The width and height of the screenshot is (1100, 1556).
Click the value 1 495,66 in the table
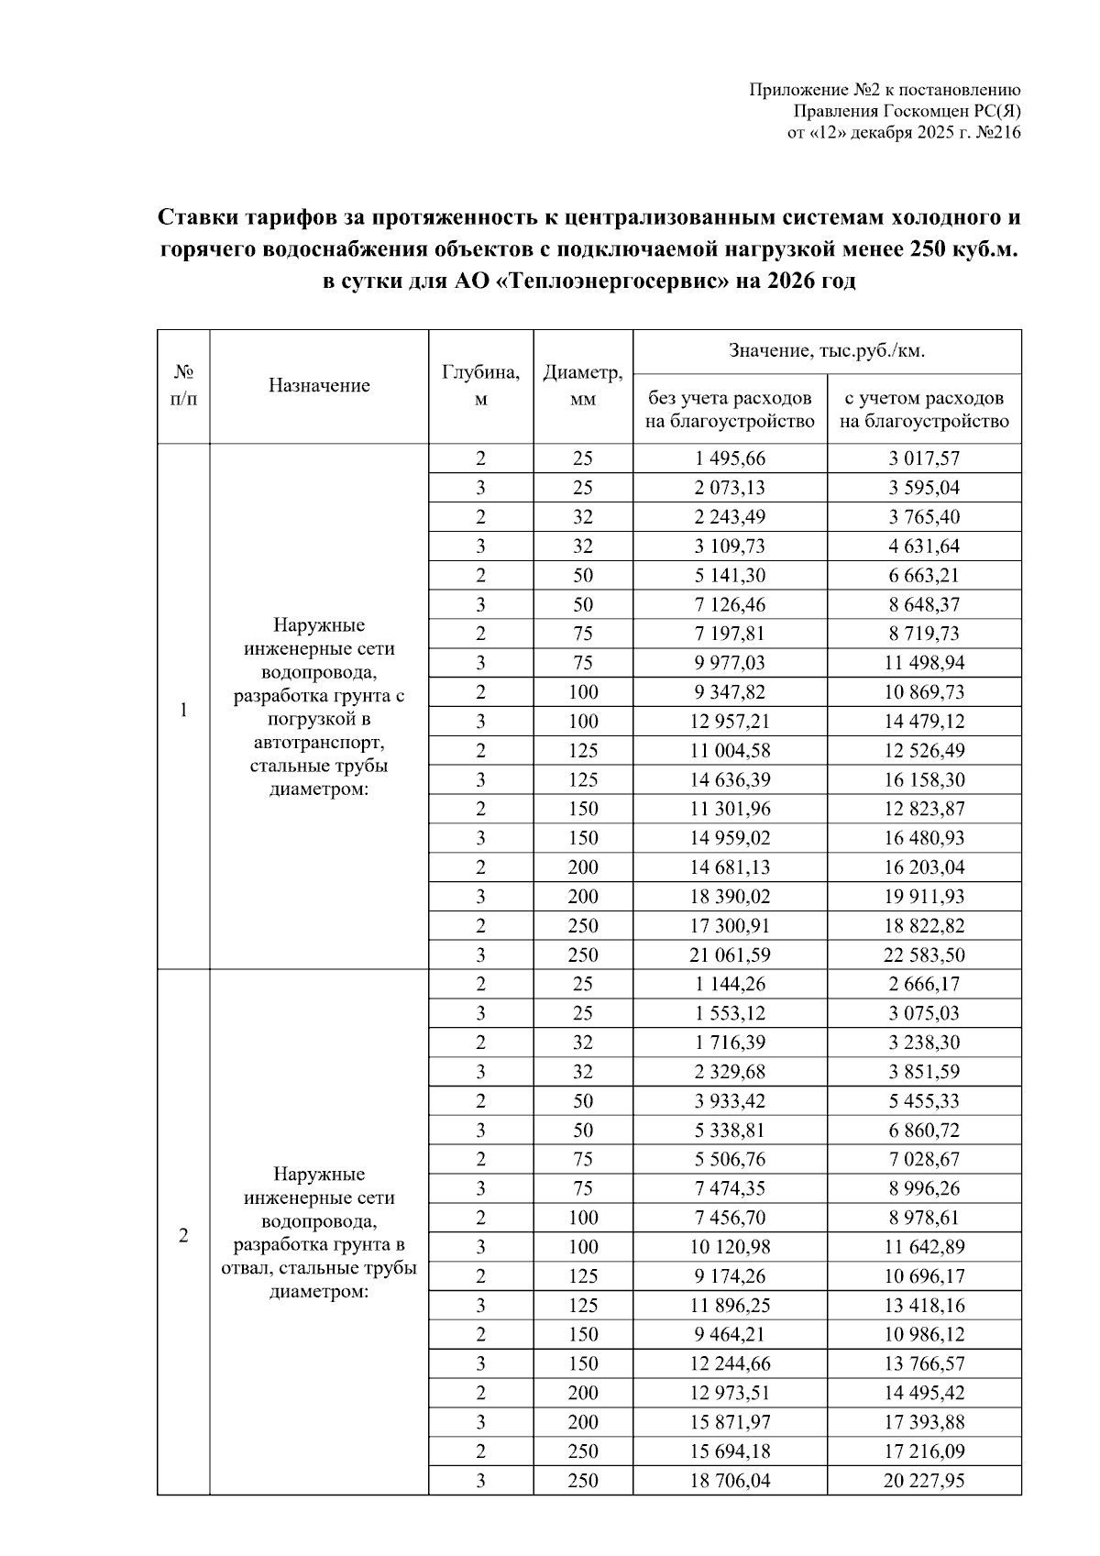coord(730,458)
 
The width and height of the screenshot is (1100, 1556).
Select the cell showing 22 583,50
coord(924,955)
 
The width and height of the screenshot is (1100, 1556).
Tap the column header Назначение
coord(319,386)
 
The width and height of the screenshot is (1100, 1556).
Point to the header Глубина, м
coord(481,386)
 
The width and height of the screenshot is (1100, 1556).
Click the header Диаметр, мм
coord(583,386)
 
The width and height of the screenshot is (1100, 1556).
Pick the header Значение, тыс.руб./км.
coord(826,351)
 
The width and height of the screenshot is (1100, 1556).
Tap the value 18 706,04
coord(730,1481)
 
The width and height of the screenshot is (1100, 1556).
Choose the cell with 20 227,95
coord(924,1481)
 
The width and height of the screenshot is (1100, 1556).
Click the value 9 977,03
coord(730,663)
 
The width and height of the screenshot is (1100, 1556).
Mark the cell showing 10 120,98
coord(730,1247)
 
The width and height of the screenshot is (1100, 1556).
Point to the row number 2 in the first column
coord(183,1236)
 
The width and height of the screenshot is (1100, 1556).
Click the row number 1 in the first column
coord(183,709)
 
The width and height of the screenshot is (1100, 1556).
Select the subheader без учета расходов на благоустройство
coord(730,410)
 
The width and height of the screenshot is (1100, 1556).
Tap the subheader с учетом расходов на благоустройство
coord(924,410)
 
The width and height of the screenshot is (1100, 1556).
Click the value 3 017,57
coord(924,458)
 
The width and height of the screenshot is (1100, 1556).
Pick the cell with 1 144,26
coord(730,985)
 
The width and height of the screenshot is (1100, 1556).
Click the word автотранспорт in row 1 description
coord(318,742)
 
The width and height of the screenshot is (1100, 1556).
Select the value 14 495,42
coord(924,1393)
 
